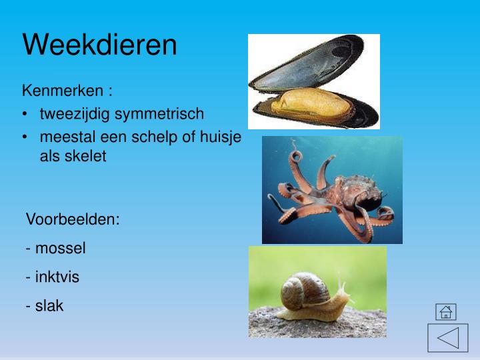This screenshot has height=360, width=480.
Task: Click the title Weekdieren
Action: (100, 45)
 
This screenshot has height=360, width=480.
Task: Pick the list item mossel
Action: (60, 249)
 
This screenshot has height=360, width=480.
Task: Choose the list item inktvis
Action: (57, 277)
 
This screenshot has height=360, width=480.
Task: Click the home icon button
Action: (446, 311)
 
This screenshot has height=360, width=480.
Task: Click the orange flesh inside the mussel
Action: (310, 101)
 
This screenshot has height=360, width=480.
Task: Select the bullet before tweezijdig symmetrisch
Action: (25, 114)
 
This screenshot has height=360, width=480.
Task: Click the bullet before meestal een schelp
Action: (25, 137)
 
